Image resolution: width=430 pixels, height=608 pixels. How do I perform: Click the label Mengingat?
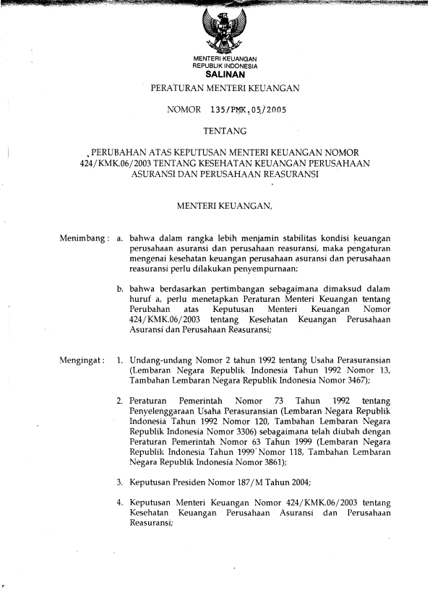click(82, 357)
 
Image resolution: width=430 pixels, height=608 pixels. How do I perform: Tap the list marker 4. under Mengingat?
click(120, 502)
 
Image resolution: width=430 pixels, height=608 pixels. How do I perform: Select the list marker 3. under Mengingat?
click(120, 481)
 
